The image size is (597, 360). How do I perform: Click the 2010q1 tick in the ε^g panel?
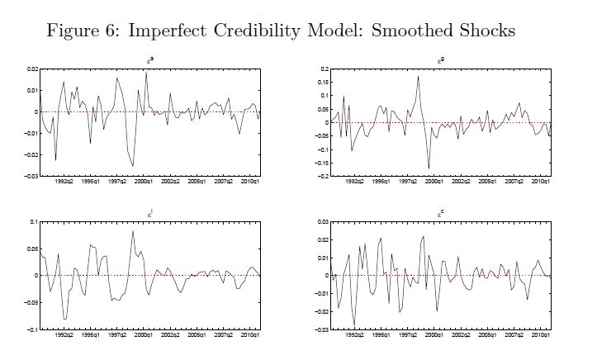point(541,182)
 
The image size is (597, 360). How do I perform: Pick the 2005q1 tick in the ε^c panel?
point(490,335)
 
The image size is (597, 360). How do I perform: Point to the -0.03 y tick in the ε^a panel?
point(30,177)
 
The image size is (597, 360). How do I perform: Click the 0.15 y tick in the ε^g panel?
point(323,83)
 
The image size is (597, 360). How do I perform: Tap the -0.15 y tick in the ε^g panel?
point(321,163)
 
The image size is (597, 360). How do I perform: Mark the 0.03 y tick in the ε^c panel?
point(324,222)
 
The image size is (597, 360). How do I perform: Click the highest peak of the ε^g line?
point(419,77)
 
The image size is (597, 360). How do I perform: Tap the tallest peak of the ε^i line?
point(132,231)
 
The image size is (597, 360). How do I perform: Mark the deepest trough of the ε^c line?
point(355,325)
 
